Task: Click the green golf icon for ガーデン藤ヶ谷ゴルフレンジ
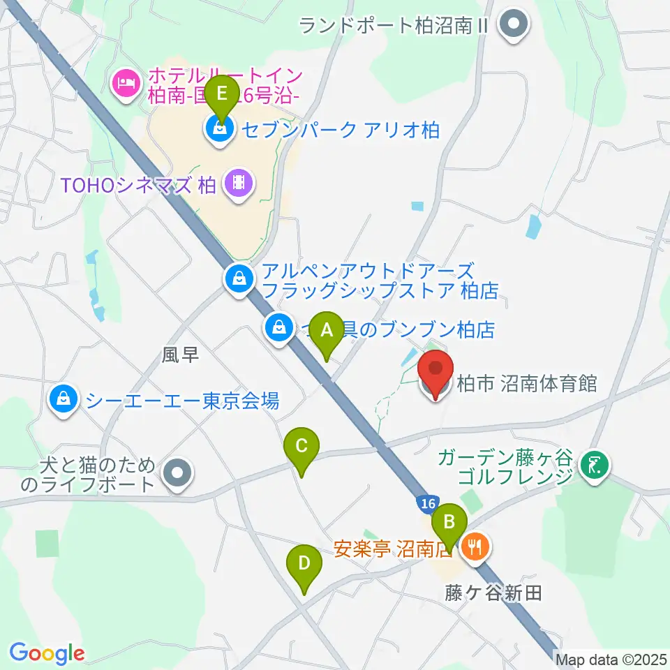(595, 464)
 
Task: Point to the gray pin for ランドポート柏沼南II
(515, 27)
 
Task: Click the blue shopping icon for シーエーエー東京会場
(64, 400)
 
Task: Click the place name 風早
(181, 355)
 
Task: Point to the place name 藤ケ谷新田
(494, 593)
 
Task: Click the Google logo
(46, 653)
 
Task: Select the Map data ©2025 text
(611, 658)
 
